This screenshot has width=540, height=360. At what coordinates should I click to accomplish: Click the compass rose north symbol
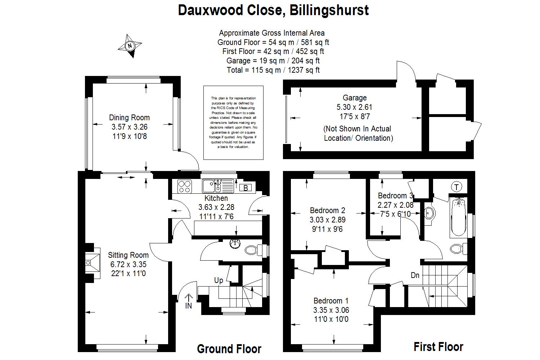(x=130, y=46)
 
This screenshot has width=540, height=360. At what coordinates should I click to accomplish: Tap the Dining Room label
(x=129, y=118)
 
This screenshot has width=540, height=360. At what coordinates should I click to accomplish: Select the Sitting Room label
(x=128, y=255)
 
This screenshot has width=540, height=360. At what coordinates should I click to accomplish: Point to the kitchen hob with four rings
(x=185, y=186)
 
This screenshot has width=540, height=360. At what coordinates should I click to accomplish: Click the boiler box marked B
(x=246, y=188)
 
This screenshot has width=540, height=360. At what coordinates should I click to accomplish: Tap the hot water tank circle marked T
(x=456, y=187)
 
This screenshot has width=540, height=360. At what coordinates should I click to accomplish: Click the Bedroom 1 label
(x=331, y=301)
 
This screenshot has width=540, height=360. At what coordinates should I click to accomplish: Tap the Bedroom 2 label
(x=328, y=211)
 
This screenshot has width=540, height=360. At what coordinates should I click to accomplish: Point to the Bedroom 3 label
(x=395, y=196)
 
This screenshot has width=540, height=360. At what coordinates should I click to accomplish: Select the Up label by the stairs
(x=219, y=280)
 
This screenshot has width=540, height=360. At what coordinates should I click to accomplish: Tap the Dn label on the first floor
(x=415, y=275)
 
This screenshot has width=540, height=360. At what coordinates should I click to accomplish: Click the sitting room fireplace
(x=92, y=262)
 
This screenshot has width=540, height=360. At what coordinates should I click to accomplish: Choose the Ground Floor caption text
(x=229, y=349)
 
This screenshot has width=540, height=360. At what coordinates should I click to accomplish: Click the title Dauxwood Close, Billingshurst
(x=273, y=10)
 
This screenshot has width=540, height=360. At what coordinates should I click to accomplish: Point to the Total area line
(x=273, y=70)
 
